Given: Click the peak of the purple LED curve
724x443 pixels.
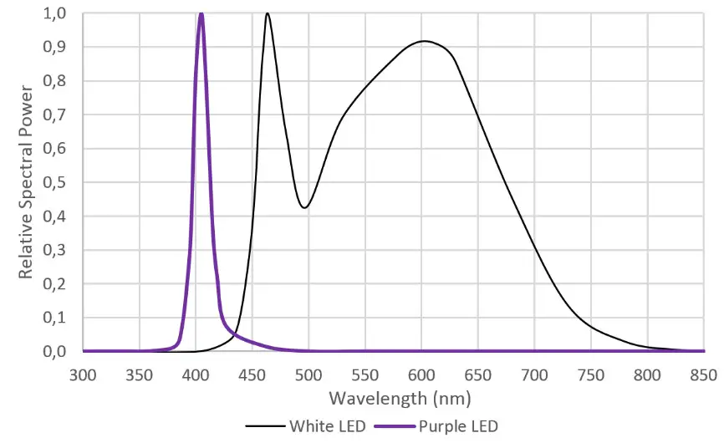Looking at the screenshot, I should (x=201, y=14).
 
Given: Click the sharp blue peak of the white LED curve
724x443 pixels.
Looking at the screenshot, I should (x=267, y=14).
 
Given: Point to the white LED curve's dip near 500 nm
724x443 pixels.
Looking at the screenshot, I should (x=306, y=207).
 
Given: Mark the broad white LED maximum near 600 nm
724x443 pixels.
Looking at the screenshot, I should (x=425, y=41).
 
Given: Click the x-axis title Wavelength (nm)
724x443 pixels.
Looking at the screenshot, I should (x=392, y=397).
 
